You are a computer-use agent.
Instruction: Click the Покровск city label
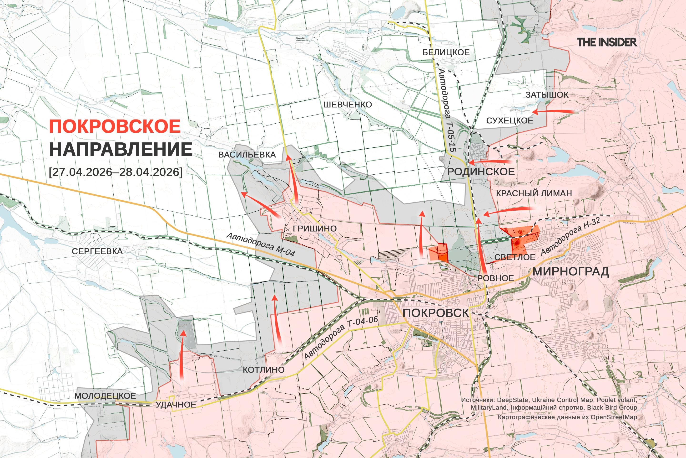click(x=435, y=313)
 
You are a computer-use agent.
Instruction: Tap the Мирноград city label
click(x=570, y=272)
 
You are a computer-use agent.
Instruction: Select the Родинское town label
click(x=481, y=172)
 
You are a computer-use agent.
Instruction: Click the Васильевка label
click(x=247, y=155)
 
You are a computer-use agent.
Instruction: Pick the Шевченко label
click(x=347, y=104)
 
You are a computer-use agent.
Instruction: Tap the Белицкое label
click(x=446, y=52)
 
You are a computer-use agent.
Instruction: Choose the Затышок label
click(x=547, y=95)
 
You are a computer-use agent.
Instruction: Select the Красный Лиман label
click(x=534, y=193)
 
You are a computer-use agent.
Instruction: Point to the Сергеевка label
click(x=97, y=251)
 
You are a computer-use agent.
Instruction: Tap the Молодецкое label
click(x=105, y=396)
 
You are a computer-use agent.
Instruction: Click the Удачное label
click(x=176, y=405)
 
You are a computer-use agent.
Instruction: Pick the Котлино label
click(x=264, y=370)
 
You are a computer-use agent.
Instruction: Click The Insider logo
click(x=607, y=42)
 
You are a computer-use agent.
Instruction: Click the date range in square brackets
click(x=116, y=172)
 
